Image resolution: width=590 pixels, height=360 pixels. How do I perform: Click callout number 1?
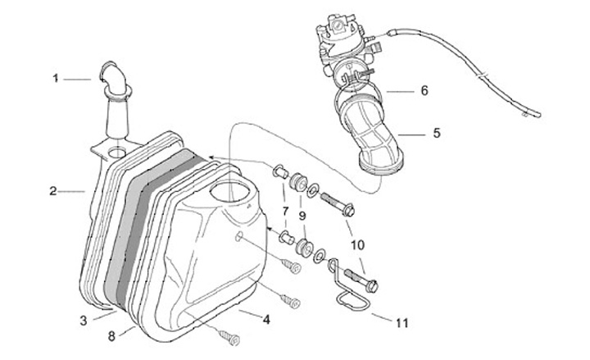56,79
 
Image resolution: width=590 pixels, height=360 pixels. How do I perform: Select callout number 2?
52,191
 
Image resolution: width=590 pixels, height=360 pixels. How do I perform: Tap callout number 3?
84,319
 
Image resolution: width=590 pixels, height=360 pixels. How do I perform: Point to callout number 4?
265,319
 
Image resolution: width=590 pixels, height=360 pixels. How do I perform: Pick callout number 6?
424,91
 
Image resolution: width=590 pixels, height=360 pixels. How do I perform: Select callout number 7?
284,212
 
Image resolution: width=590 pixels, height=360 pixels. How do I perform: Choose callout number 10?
358,244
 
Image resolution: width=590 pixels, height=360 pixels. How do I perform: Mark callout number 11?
402,323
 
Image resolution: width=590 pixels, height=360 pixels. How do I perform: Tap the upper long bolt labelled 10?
337,202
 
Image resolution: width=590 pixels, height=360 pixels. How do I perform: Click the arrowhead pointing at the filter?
210,156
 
